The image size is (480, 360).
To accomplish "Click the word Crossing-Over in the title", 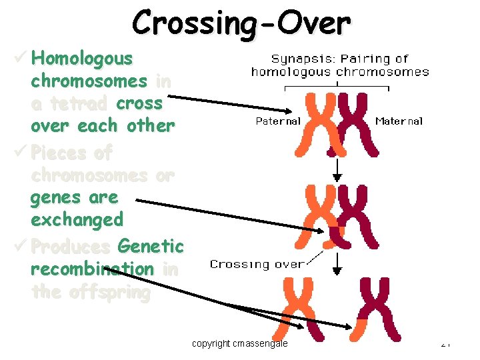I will point(241,23).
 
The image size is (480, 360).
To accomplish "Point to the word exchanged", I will point(77,219).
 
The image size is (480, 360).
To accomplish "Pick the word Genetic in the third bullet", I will point(150,247).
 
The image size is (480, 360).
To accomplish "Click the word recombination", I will point(92,269).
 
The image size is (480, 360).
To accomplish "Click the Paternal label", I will point(278,121).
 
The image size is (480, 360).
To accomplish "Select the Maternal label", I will point(399,121).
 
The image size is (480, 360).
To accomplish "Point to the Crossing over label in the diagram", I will point(257,264).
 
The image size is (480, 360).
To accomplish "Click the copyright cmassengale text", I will point(240,343).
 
